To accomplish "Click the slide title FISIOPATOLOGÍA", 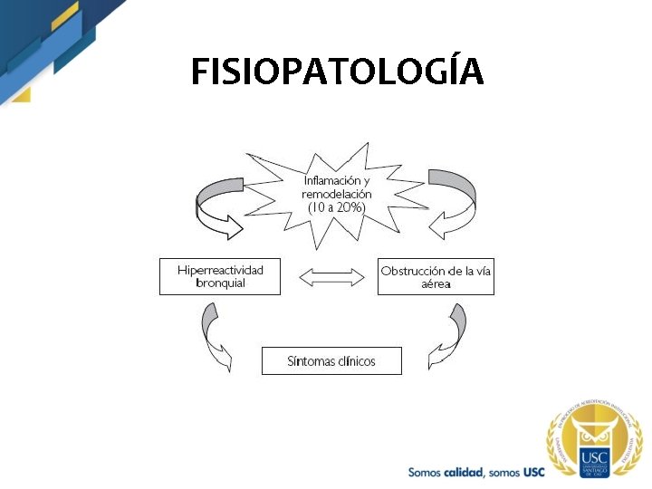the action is pos(337,72).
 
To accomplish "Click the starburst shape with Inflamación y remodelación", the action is pos(335,194).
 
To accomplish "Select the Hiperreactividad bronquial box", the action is pos(220,276).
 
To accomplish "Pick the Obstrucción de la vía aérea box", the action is pos(436,276).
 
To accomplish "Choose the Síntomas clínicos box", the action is pos(331,361).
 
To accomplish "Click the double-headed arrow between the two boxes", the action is pos(329,277).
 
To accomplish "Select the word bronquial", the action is pos(220,283).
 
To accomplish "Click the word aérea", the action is pos(436,283).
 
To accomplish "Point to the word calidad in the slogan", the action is pos(461,472).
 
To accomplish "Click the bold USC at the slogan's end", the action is pos(534,472).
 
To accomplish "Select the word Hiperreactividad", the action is pos(220,270).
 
